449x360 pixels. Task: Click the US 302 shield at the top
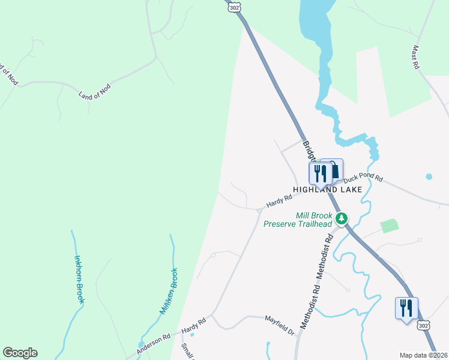(235, 5)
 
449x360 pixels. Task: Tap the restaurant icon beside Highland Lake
(319, 173)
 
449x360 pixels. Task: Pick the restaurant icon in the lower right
(406, 308)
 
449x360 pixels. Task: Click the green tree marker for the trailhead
(342, 218)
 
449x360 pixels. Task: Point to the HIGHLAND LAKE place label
(327, 189)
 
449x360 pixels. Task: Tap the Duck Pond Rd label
(362, 176)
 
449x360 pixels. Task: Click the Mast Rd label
(415, 58)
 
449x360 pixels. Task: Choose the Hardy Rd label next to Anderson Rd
(194, 326)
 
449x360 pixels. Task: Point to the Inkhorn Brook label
(79, 280)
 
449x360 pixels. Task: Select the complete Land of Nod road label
(95, 91)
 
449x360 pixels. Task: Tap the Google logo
(20, 353)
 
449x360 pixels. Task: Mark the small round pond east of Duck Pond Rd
(429, 177)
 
